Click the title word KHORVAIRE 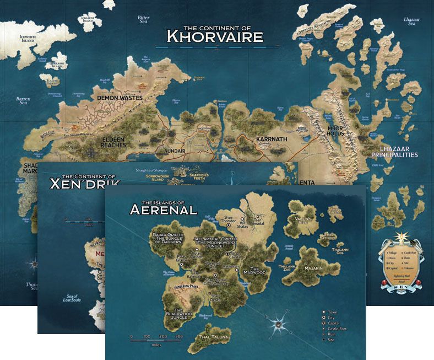pos(215,37)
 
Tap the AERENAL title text pos(162,209)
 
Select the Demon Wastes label pos(120,98)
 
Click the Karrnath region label pos(272,139)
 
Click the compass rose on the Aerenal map pos(279,324)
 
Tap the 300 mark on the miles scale pos(178,336)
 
